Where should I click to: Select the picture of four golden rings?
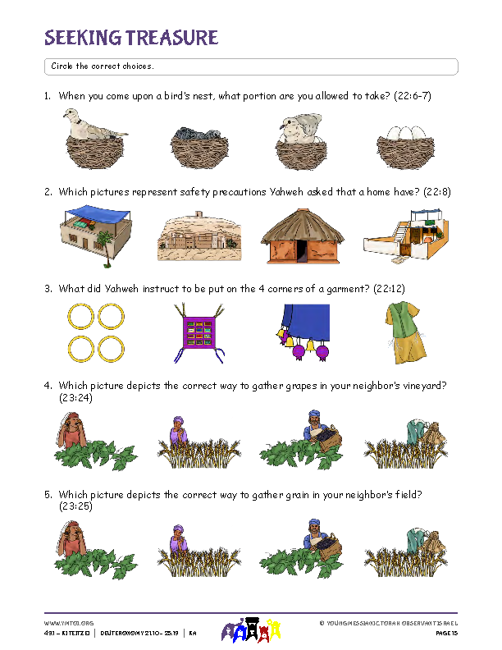pos(97,332)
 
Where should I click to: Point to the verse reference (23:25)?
pos(75,507)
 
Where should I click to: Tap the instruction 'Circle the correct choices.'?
pos(103,66)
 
